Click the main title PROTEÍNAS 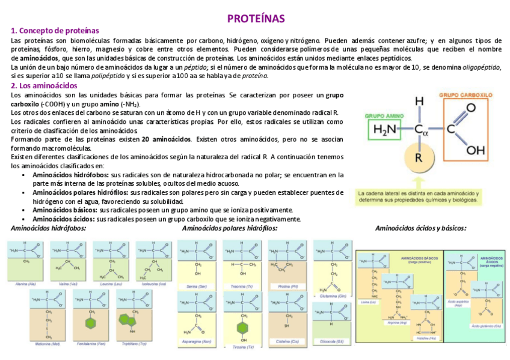click(256, 19)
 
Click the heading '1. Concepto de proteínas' click(55, 31)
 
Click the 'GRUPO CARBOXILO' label click(465, 95)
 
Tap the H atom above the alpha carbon click(419, 102)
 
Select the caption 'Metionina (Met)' click(47, 344)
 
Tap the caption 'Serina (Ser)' click(197, 287)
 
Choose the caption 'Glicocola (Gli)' click(332, 341)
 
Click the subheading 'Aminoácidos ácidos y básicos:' click(420, 228)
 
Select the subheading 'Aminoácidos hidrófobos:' click(49, 228)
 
